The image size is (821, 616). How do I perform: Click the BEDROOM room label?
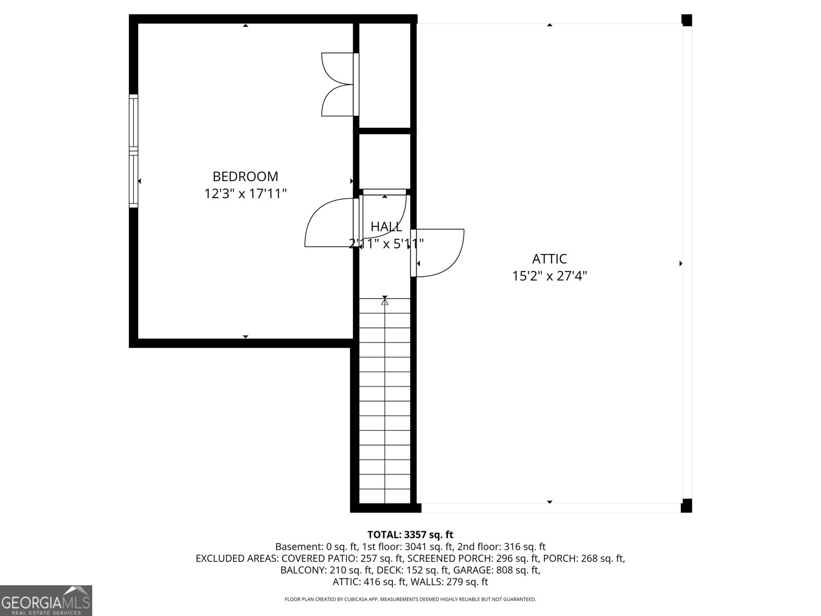[245, 177]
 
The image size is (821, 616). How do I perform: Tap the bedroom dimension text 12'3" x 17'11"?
[245, 194]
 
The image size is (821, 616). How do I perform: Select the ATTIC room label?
[549, 259]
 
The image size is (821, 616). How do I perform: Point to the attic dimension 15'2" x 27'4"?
[549, 276]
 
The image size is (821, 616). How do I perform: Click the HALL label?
[386, 226]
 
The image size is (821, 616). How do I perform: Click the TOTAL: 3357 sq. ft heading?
[410, 535]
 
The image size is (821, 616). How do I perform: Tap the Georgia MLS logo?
[46, 601]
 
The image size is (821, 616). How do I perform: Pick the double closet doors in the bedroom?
[338, 84]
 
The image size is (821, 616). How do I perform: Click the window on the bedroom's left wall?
[133, 151]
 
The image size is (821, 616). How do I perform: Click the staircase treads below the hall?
[385, 400]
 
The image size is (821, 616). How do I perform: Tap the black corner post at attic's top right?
[687, 20]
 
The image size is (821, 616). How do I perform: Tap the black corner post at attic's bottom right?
[686, 506]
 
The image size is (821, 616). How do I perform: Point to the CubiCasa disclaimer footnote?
[410, 599]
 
